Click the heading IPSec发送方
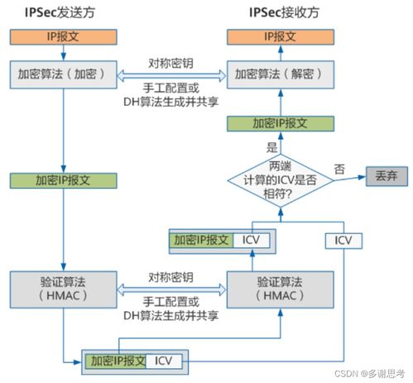60,12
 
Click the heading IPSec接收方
284,12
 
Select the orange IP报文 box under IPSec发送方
64,37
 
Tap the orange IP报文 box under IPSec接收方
281,37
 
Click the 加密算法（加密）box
64,74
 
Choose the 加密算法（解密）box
281,74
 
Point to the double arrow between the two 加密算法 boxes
172,75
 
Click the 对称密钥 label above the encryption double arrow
170,64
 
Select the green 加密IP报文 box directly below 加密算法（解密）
281,123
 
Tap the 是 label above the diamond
271,147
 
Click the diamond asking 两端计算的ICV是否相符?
281,180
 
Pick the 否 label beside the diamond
339,169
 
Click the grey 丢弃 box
387,176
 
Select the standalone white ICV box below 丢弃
343,241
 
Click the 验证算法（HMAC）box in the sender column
64,290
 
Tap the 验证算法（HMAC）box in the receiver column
281,290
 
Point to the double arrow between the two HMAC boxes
171,290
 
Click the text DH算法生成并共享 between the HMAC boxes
170,316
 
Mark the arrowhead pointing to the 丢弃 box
362,177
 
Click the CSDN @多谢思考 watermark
370,374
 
